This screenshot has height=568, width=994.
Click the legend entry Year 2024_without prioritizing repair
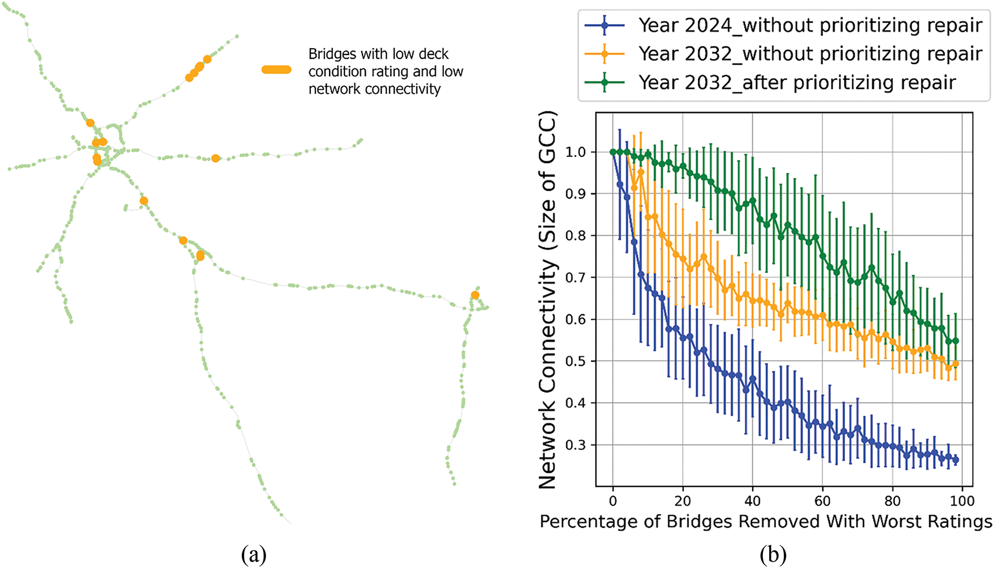[810, 25]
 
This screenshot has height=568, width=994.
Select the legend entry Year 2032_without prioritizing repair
[810, 54]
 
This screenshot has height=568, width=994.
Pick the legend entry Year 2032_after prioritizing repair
[797, 83]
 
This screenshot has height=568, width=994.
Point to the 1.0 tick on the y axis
[576, 152]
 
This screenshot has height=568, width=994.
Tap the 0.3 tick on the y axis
[576, 445]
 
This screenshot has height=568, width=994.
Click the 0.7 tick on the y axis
[576, 278]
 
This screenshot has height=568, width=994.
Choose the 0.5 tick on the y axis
[576, 361]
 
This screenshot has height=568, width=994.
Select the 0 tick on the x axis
[613, 501]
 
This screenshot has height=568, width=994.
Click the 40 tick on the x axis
[753, 501]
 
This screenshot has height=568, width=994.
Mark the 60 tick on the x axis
[822, 501]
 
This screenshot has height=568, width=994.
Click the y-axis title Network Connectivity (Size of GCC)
[548, 300]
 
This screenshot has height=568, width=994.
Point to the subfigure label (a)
[253, 554]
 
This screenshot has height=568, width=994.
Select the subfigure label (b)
[773, 554]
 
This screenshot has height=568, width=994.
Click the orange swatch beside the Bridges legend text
[276, 70]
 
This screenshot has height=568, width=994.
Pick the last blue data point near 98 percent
[956, 460]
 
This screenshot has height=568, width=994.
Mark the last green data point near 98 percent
[956, 341]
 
